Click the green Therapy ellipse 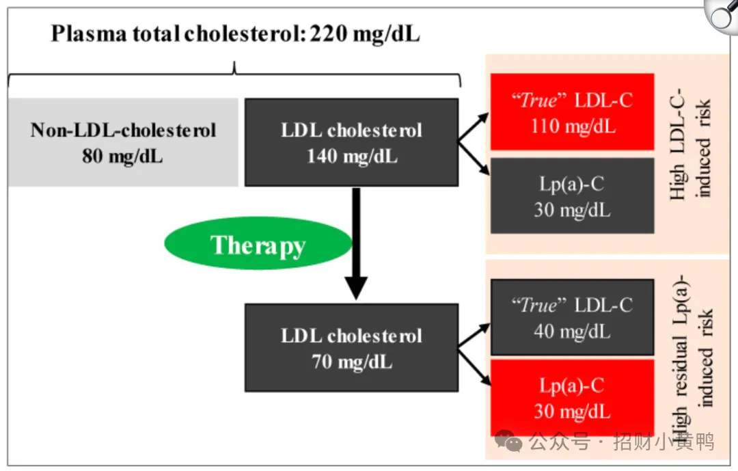tap(258, 243)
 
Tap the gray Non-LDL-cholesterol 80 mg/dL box tap(123, 142)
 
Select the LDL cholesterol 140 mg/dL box tap(352, 142)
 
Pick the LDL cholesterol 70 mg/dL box tap(352, 347)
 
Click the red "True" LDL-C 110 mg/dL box tap(573, 111)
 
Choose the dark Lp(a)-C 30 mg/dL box tap(573, 196)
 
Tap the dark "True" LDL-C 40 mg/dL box tap(573, 317)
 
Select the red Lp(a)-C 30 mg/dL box tap(573, 398)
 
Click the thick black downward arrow tap(356, 243)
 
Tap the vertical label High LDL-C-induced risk tap(690, 144)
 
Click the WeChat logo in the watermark tap(509, 442)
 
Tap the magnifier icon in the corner tap(721, 16)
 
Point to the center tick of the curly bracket tap(234, 68)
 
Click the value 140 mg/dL tap(352, 156)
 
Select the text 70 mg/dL tap(352, 362)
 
